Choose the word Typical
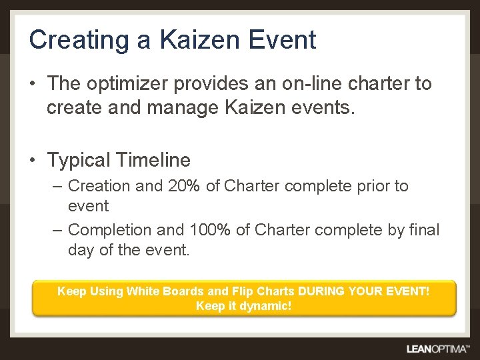[78, 161]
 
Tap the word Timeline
[153, 161]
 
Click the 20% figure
[185, 186]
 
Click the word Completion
[109, 230]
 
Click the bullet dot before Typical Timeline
[33, 161]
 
